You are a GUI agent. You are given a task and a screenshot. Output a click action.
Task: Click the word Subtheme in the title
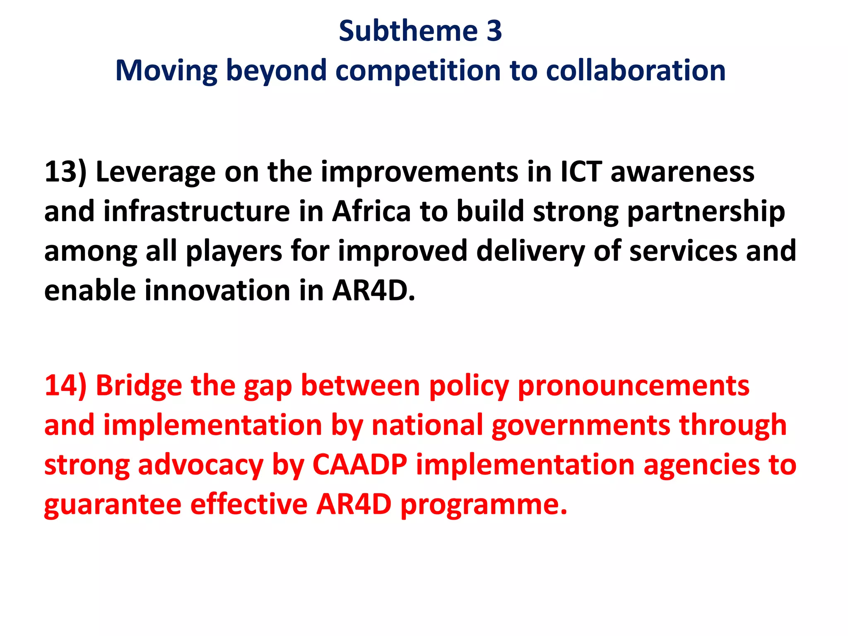coord(408,31)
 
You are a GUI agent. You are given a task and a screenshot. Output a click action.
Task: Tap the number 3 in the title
coord(494,31)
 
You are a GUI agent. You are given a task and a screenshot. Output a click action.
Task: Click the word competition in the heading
coord(418,70)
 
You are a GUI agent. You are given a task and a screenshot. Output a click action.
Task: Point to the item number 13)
coord(65,171)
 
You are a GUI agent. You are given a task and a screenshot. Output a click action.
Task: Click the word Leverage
coord(155,172)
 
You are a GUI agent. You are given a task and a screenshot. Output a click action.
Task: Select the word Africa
coord(371,211)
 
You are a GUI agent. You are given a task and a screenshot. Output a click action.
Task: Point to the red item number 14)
coord(65,385)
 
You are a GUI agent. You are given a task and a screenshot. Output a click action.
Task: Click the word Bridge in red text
coord(139,385)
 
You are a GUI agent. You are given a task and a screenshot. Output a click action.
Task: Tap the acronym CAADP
coord(359,465)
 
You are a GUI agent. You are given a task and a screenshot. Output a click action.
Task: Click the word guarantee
coord(113,505)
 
